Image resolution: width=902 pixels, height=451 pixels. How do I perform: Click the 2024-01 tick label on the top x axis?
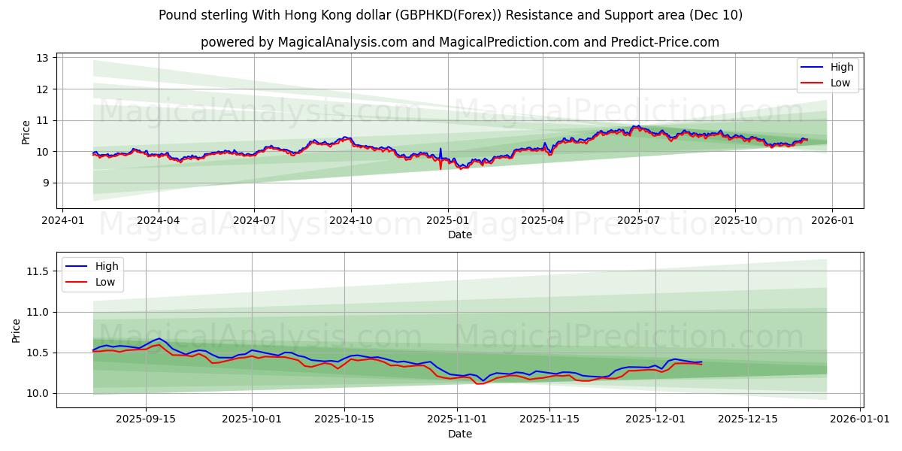62,220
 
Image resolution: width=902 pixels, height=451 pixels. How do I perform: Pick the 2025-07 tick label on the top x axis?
638,220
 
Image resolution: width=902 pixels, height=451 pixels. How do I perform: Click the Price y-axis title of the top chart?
26,132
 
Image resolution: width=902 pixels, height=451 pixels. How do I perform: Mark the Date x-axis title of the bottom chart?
460,434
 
